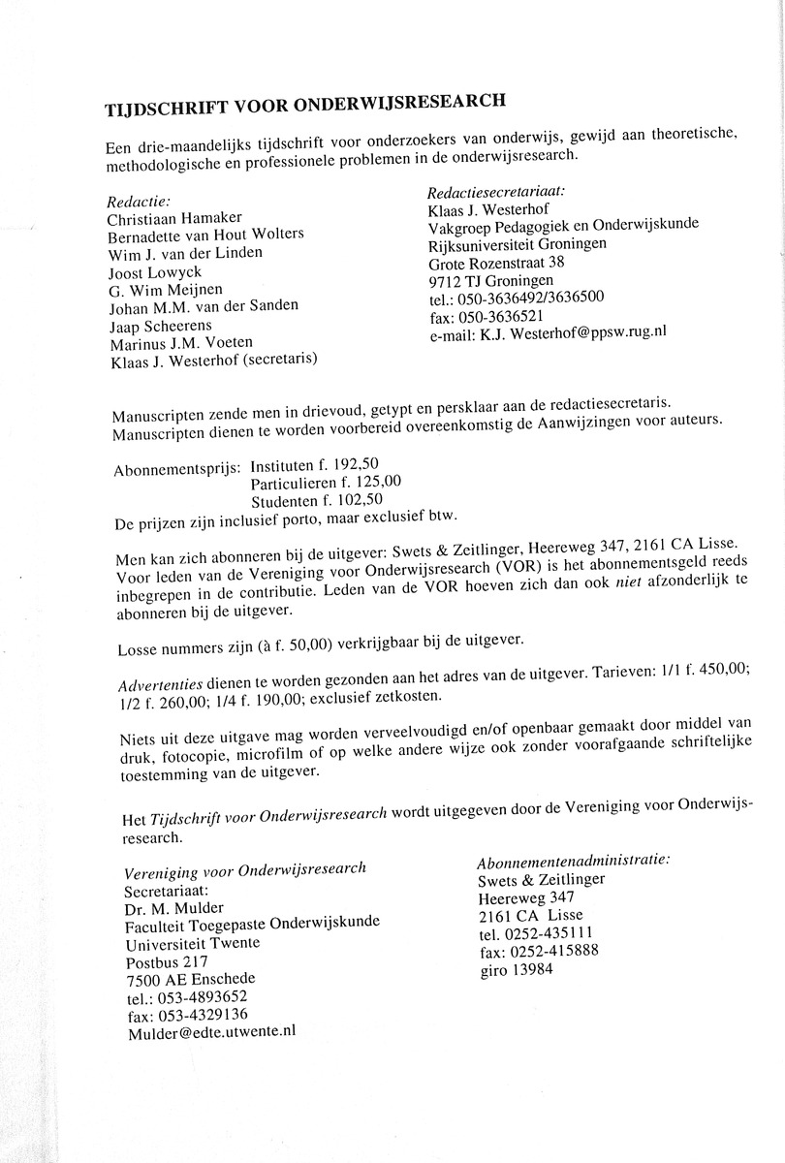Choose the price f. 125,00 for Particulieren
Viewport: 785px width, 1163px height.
click(x=368, y=482)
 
